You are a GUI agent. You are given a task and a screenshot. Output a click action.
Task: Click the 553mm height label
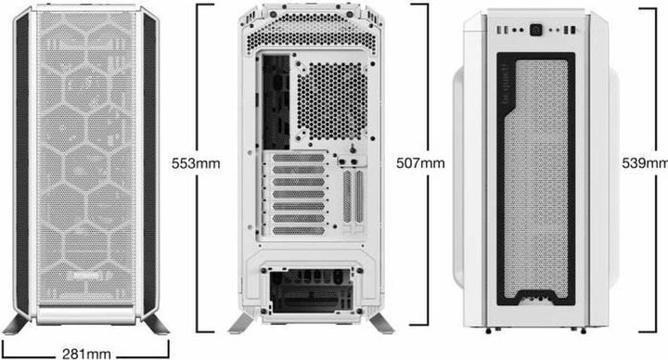point(196,162)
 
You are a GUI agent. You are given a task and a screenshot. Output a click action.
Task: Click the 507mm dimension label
point(420,162)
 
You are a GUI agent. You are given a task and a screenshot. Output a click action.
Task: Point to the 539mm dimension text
point(644,162)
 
